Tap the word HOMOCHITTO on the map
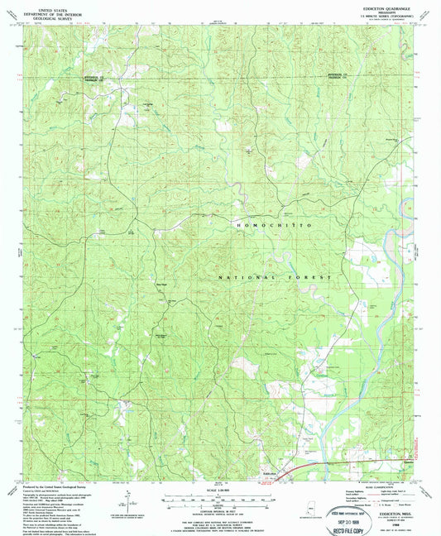coord(273,225)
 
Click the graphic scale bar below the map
coord(222,498)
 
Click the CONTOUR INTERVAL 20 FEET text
coord(222,509)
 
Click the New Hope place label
coord(163,287)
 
